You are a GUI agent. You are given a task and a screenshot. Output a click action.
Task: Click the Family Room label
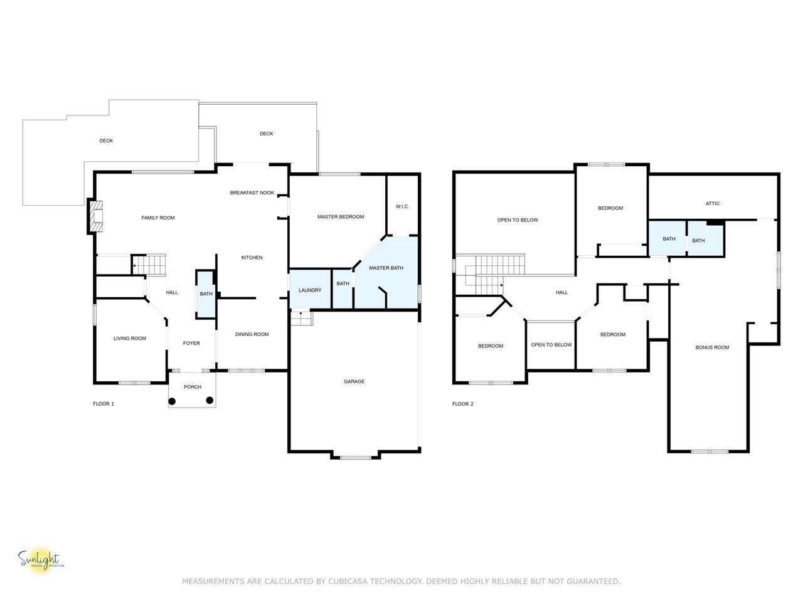pos(158,218)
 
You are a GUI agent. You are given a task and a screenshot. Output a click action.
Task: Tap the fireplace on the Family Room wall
pos(95,216)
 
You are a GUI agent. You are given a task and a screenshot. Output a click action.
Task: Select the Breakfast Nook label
pos(252,193)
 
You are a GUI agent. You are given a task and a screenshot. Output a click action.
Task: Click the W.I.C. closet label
pos(402,206)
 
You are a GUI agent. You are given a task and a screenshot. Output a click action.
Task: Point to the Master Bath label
pos(386,268)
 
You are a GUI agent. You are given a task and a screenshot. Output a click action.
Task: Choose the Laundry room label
pos(310,290)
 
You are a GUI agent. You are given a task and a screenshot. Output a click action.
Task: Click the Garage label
pos(354,381)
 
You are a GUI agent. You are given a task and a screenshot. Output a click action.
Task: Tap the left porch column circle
pos(172,401)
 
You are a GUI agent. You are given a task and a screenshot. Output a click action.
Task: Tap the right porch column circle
pos(210,400)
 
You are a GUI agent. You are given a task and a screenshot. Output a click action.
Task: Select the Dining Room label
pos(252,334)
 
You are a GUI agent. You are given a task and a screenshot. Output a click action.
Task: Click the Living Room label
pos(130,339)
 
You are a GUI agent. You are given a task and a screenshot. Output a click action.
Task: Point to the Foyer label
pos(191,343)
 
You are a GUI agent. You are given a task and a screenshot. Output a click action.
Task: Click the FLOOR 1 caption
pos(104,404)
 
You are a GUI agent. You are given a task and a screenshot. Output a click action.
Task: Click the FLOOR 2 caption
pos(463,404)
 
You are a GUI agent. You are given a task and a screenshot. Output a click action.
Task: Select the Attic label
pos(713,204)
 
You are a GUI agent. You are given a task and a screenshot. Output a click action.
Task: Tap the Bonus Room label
pos(712,347)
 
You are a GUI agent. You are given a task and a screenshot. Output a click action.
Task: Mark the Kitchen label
pos(252,258)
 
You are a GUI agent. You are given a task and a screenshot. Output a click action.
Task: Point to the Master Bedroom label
pos(341,217)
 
